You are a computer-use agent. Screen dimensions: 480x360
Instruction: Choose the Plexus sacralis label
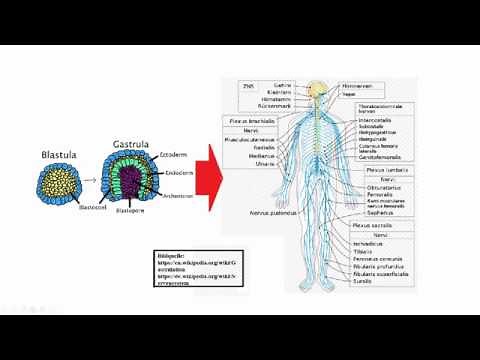[x=375, y=227]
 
